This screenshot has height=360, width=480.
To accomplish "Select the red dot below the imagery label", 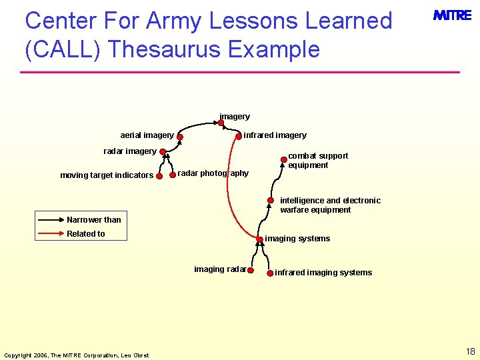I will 221,123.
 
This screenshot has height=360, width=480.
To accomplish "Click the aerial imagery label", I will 147,135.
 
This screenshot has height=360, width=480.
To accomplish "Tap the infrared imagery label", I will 275,135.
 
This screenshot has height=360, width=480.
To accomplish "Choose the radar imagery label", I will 130,151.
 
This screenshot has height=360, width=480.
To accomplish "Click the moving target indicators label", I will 107,176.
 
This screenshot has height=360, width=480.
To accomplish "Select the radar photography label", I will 213,173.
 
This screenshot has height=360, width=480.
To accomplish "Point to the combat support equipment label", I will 318,161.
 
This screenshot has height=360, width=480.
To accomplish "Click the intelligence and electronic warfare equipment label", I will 330,205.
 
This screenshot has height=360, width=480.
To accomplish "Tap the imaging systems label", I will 297,239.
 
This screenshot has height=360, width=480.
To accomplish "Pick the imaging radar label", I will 220,269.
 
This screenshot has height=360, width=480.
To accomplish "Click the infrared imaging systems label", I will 323,273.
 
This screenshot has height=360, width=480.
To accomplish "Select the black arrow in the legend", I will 51,220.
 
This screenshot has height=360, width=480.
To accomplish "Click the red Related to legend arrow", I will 51,234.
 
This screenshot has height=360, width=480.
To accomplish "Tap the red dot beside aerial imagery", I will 180,138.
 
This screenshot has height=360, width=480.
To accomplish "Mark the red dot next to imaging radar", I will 251,271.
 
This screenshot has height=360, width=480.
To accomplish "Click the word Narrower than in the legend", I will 94,220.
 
